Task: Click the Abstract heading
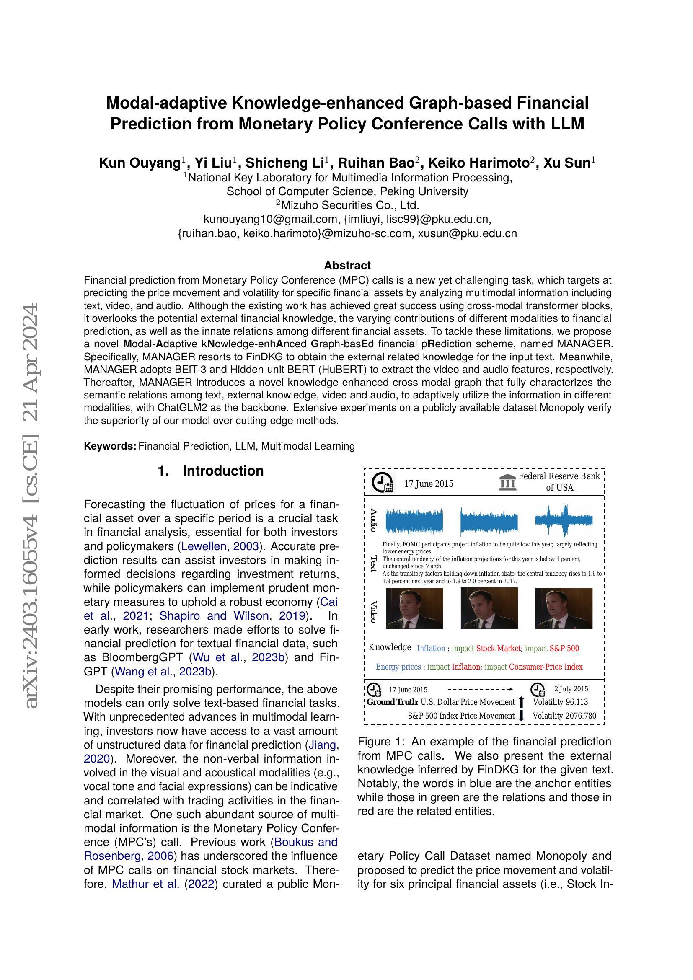click(x=347, y=266)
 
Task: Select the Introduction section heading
click(x=223, y=471)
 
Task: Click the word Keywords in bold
click(x=110, y=446)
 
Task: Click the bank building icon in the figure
click(x=507, y=482)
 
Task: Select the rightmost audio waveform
click(x=564, y=521)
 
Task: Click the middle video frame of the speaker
click(x=489, y=608)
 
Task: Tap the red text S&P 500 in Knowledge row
click(x=564, y=648)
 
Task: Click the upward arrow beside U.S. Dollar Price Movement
click(x=521, y=702)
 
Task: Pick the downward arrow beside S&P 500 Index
click(x=521, y=716)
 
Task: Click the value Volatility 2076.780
click(x=564, y=716)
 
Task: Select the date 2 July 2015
click(x=571, y=689)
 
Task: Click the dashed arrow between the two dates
click(x=480, y=689)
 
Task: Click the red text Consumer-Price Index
click(x=546, y=667)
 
